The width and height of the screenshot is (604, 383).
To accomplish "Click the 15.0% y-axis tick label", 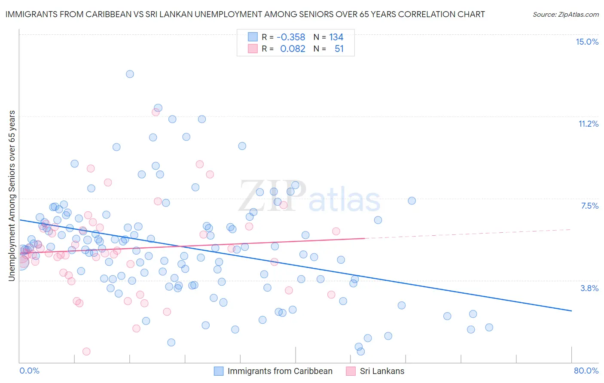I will (587, 42).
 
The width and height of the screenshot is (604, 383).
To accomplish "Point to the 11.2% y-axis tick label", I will (588, 124).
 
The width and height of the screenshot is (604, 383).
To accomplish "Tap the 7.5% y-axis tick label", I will (589, 206).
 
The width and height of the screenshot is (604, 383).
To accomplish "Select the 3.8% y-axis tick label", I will (589, 288).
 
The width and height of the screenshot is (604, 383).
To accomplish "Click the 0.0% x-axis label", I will (29, 371).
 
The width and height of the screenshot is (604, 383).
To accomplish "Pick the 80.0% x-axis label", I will (586, 371).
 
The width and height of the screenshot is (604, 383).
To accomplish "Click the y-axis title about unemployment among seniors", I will (12, 196).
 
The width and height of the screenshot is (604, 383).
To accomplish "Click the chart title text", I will (245, 14).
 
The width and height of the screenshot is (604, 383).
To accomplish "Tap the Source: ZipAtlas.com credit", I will (565, 14).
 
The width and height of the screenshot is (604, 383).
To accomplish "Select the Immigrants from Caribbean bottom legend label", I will (280, 371).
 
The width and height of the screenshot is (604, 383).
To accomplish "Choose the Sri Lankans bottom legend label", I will (382, 371).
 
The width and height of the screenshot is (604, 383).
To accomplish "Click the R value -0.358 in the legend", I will (290, 37).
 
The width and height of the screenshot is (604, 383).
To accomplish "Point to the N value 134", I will (336, 37).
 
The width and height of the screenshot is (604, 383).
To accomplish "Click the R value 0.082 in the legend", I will (293, 49).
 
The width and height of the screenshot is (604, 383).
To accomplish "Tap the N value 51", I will (339, 49).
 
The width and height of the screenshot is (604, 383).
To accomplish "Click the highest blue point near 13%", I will (130, 74).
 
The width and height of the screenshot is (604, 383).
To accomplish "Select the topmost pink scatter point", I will (156, 112).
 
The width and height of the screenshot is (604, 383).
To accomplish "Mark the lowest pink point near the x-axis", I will (86, 351).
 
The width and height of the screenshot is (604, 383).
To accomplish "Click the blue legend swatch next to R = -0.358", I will (253, 37).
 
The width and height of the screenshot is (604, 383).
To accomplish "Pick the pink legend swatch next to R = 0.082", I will (253, 49).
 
